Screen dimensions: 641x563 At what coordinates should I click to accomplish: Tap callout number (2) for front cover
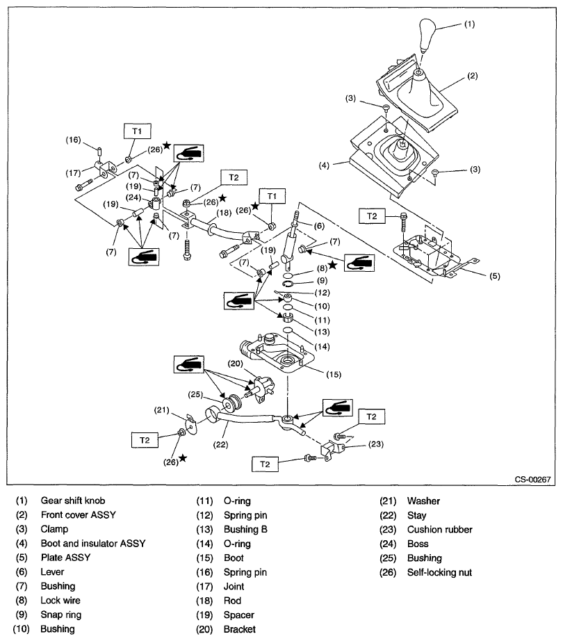tap(472, 76)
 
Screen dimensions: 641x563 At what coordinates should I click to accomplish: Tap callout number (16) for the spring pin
tap(74, 140)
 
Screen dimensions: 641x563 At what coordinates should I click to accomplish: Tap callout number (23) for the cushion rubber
tap(376, 443)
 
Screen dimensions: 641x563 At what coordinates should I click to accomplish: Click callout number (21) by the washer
tap(162, 410)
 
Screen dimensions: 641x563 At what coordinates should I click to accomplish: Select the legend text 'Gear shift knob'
tap(74, 501)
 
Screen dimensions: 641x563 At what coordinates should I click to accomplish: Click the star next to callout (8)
tap(333, 265)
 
